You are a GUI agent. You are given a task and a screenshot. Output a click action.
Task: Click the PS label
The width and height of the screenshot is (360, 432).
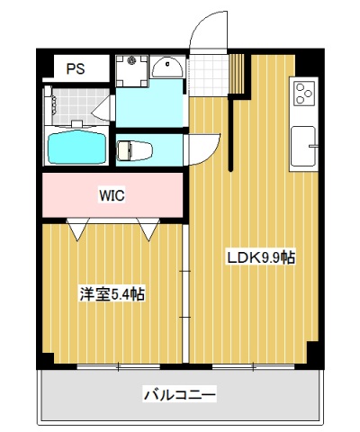76,68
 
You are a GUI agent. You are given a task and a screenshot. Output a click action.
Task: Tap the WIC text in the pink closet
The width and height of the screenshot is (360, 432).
112,193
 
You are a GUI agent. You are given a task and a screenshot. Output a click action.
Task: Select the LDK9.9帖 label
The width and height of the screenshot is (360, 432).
260,257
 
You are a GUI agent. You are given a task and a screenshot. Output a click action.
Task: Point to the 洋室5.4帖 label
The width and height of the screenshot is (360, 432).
112,292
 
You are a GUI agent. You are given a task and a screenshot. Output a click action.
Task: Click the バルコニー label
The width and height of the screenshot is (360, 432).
180,394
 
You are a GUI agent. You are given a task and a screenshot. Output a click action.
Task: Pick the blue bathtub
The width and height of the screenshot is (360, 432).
76,147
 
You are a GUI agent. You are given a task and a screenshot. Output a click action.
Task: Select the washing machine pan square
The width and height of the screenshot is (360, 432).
132,69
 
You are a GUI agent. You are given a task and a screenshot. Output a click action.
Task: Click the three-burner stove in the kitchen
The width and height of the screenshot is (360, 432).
303,93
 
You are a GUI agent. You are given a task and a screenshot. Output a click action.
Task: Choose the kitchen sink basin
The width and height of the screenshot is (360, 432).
302,144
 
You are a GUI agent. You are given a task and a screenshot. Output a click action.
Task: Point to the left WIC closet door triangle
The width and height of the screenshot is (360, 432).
77,229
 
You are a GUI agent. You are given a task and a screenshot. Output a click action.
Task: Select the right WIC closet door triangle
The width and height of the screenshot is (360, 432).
148,229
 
